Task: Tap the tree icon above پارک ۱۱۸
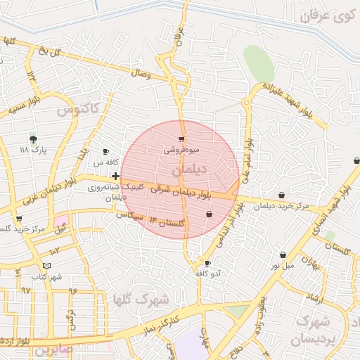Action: pyautogui.click(x=33, y=139)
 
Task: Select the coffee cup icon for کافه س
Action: pyautogui.click(x=106, y=151)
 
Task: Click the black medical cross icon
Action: pyautogui.click(x=115, y=175)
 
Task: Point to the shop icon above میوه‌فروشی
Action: pyautogui.click(x=182, y=139)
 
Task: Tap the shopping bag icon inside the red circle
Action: pyautogui.click(x=209, y=214)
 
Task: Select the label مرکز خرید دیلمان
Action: pyautogui.click(x=282, y=206)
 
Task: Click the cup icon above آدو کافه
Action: pyautogui.click(x=207, y=262)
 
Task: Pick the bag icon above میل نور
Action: pyautogui.click(x=283, y=255)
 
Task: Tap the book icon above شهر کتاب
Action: pyautogui.click(x=47, y=265)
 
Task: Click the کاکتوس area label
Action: pyautogui.click(x=79, y=109)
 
